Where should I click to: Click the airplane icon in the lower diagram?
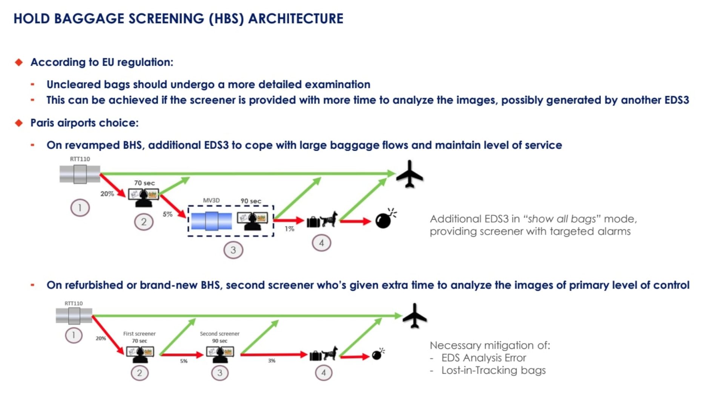click(414, 316)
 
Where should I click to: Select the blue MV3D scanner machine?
click(211, 221)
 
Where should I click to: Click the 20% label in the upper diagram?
click(107, 194)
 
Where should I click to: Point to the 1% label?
click(289, 229)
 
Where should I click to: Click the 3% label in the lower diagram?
click(271, 361)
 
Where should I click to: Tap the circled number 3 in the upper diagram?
click(233, 250)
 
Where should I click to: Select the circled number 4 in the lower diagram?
click(323, 373)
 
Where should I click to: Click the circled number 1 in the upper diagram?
click(80, 208)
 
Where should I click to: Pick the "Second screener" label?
click(219, 334)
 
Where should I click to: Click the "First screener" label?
click(139, 334)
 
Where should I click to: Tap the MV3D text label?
click(211, 201)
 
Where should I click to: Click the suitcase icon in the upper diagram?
click(313, 222)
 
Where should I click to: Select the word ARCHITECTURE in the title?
click(296, 18)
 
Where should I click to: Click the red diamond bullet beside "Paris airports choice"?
click(19, 123)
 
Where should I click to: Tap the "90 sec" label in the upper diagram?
click(251, 201)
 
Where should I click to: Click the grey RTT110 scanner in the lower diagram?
click(74, 316)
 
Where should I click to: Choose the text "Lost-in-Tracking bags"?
click(493, 370)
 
